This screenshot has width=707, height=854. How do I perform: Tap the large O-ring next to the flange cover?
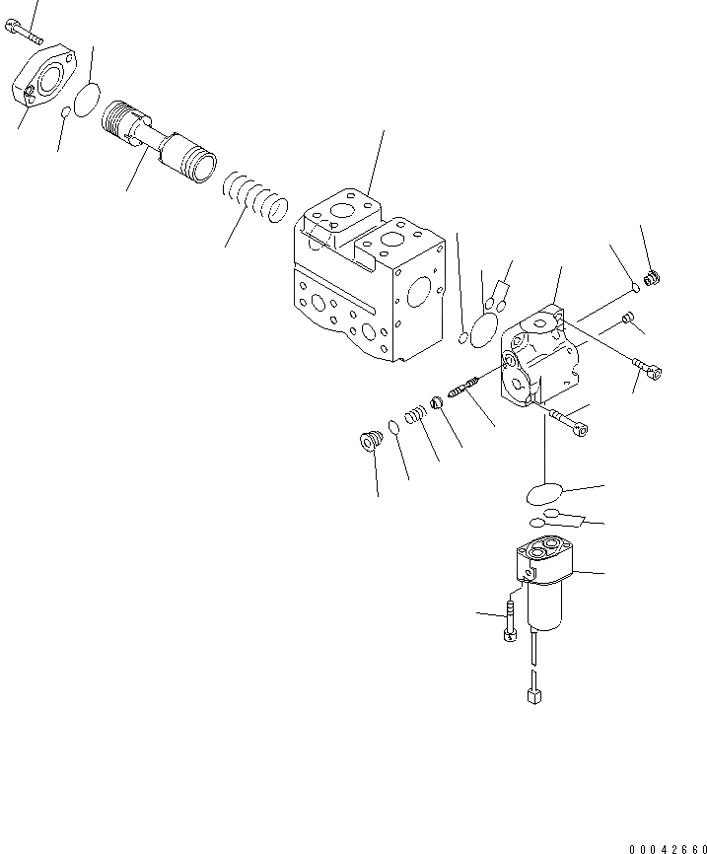point(88,97)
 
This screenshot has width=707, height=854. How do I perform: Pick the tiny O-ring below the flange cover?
point(65,112)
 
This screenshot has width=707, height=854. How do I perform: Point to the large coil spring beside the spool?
point(254,197)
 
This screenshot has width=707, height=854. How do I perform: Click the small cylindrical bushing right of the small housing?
point(627,317)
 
